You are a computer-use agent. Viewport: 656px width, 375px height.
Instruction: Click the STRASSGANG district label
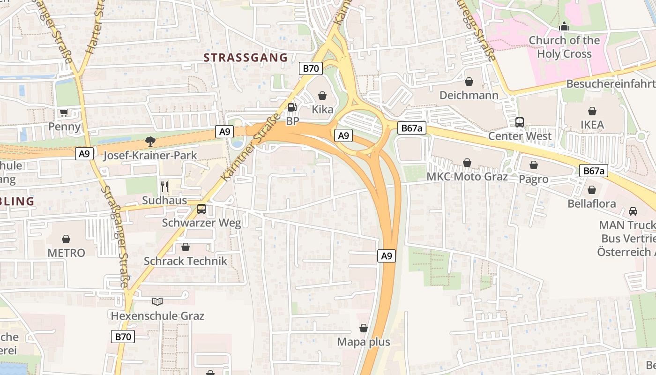point(246,58)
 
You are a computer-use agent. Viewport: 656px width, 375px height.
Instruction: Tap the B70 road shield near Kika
point(310,68)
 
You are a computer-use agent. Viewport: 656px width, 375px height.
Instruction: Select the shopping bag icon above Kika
point(322,96)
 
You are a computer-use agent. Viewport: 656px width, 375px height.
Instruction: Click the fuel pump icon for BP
point(292,107)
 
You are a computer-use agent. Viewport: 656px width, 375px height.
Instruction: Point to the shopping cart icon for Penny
point(64,112)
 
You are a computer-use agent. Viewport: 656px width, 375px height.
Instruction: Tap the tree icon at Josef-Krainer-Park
point(150,141)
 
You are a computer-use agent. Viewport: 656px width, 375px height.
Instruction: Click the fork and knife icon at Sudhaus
point(164,186)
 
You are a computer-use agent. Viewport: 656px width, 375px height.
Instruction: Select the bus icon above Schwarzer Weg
point(201,209)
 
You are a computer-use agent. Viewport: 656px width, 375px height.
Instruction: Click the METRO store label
point(66,253)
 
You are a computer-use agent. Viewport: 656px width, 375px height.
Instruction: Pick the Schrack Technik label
point(186,261)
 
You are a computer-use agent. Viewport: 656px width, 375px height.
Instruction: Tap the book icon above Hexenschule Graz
point(157,301)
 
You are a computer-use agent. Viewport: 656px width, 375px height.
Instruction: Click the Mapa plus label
point(364,342)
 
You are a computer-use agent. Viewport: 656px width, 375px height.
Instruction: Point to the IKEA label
point(592,125)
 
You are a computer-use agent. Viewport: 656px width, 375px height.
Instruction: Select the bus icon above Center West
point(519,122)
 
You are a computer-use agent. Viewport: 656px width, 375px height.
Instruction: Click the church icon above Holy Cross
point(564,26)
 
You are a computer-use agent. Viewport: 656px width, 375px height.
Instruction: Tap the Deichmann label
point(469,95)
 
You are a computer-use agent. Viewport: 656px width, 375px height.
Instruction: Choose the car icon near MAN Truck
point(633,211)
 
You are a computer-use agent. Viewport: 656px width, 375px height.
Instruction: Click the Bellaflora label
point(591,204)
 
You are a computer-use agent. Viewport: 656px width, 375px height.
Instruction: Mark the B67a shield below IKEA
point(593,171)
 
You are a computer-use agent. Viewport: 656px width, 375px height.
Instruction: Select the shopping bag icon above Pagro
point(533,165)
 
